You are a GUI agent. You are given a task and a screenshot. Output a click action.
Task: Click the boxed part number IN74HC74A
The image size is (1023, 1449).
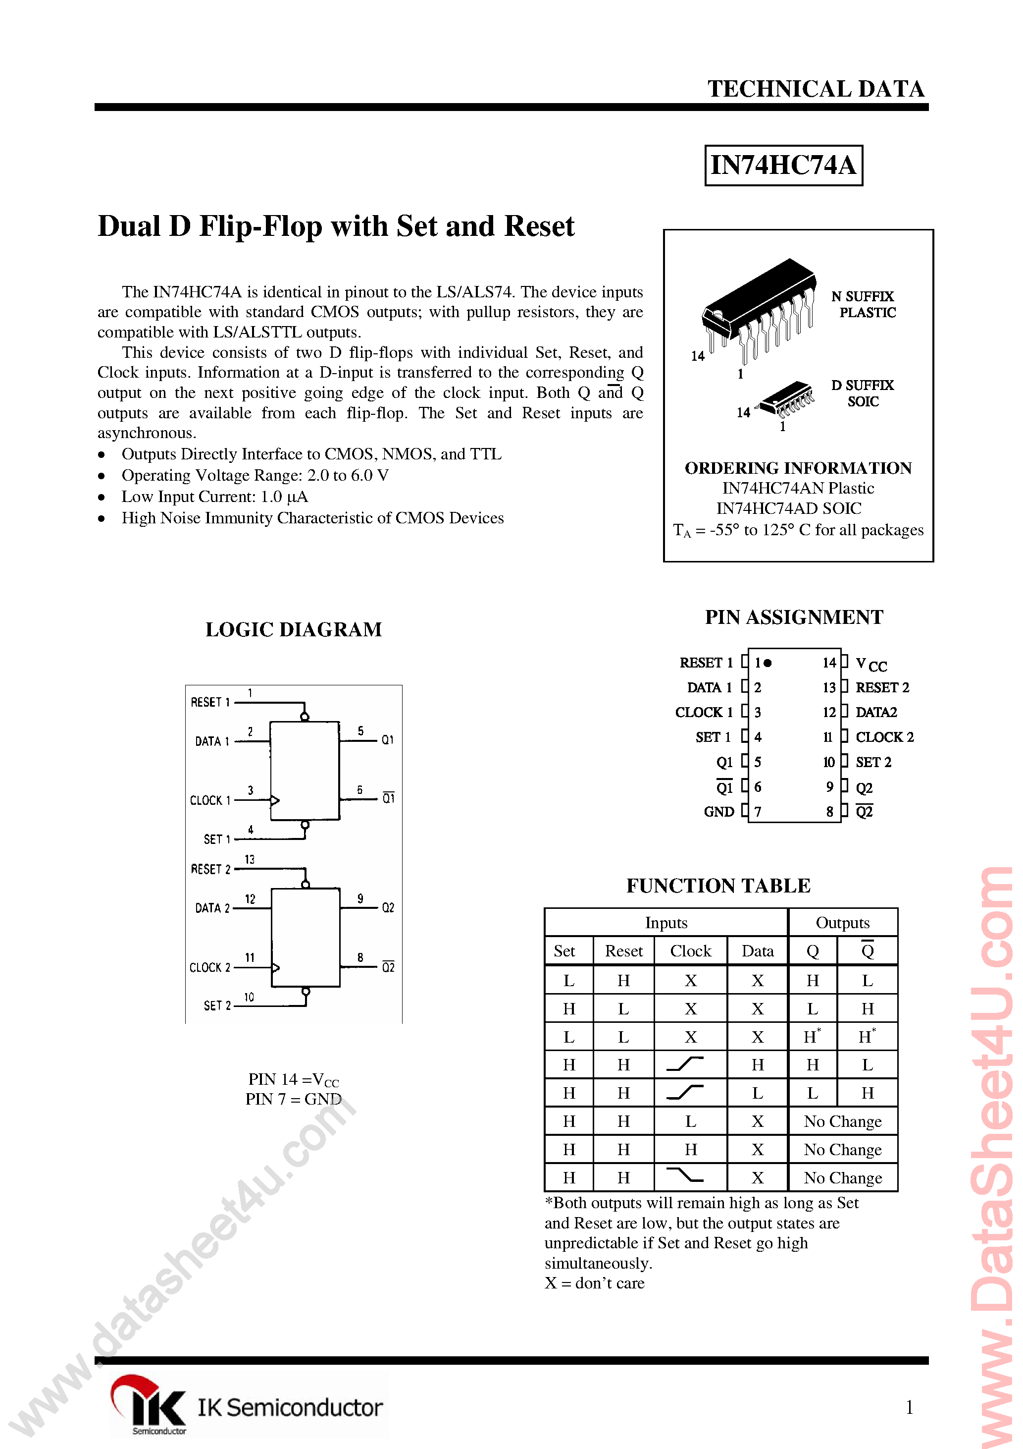click(x=783, y=166)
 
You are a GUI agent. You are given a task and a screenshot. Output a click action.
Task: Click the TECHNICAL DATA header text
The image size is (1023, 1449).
click(x=816, y=89)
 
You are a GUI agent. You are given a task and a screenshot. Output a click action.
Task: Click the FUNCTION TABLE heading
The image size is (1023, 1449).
click(x=718, y=886)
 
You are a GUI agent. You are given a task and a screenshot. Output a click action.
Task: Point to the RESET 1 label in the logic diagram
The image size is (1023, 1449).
click(x=210, y=702)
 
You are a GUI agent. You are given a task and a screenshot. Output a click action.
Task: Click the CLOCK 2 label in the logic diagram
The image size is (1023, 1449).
click(x=209, y=967)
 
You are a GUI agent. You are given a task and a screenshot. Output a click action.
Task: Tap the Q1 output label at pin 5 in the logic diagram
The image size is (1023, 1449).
click(x=387, y=740)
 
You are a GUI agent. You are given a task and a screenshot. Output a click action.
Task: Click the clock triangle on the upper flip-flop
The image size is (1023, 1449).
click(x=275, y=800)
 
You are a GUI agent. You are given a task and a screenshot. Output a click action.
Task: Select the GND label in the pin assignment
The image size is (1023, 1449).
click(x=718, y=812)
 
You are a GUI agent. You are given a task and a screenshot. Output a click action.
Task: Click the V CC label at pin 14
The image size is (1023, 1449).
click(x=870, y=664)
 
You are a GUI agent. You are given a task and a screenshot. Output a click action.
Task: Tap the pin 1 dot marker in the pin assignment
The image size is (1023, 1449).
click(x=767, y=663)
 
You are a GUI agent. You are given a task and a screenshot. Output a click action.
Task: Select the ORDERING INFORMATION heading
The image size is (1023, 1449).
click(x=798, y=468)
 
